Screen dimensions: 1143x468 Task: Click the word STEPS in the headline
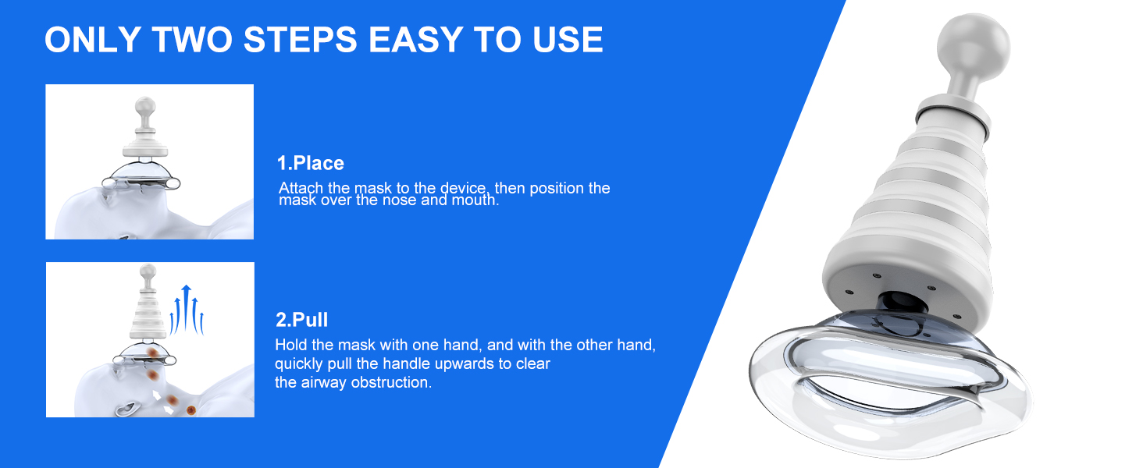pos(300,39)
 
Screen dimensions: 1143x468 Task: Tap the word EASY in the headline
pos(415,39)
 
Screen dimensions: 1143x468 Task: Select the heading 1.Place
pos(310,163)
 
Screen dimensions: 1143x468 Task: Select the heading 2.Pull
pos(301,320)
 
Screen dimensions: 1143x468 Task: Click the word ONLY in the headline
pos(92,39)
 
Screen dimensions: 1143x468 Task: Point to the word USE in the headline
pos(568,39)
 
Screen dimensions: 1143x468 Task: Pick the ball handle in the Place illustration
pos(145,108)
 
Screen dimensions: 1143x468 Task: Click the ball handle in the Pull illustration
pos(148,272)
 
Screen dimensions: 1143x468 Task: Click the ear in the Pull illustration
pos(126,409)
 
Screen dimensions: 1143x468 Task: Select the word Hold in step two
pos(291,345)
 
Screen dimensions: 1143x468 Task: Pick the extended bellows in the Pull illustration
pos(148,315)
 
